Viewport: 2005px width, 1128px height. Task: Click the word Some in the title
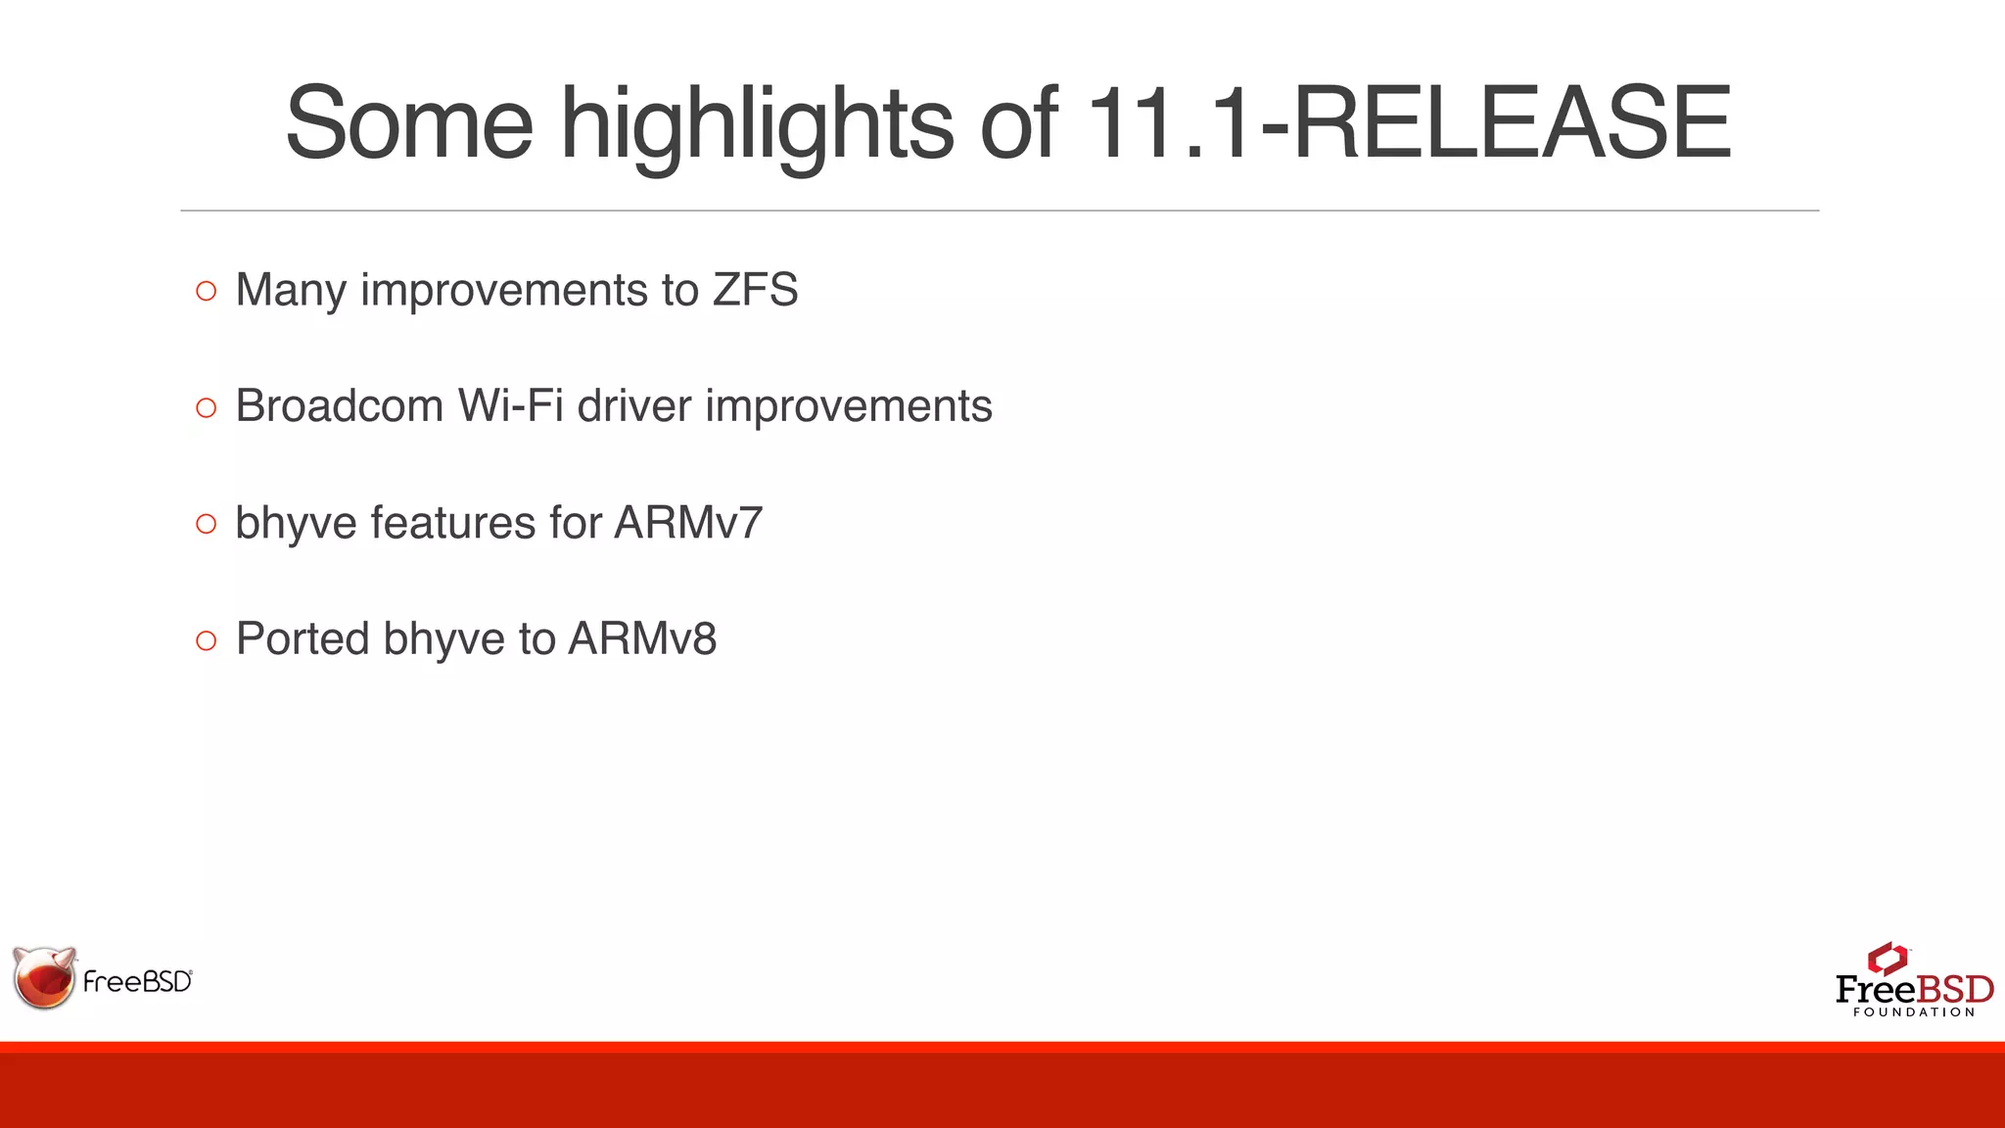(408, 123)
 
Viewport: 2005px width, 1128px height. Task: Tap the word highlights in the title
(756, 123)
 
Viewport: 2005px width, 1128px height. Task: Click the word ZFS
(755, 290)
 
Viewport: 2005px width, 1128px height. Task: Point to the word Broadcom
(340, 406)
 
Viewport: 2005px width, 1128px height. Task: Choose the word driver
(633, 406)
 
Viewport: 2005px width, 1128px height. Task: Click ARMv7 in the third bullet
(688, 523)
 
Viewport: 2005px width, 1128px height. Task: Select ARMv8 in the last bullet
(642, 639)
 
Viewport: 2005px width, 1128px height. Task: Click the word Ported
(303, 639)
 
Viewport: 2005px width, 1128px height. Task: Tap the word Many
(291, 291)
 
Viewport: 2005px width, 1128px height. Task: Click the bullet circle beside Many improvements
(206, 291)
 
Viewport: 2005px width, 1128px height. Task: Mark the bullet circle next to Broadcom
(206, 407)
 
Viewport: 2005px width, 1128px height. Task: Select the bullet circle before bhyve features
(206, 524)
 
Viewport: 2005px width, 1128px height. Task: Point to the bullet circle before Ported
(206, 640)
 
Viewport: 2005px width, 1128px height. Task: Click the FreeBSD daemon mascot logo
(45, 977)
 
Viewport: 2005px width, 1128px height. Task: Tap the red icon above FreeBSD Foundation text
(1887, 959)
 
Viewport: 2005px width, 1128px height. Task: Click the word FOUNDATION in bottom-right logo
(1914, 1012)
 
